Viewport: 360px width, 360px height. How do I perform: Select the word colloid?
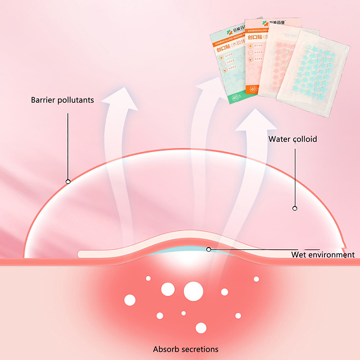(304, 139)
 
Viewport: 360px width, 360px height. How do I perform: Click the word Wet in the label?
(299, 255)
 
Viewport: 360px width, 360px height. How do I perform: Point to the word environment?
(332, 255)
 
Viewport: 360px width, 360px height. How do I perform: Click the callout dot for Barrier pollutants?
(68, 182)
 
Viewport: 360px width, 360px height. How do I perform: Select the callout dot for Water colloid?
(295, 208)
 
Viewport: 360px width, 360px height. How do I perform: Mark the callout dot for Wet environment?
(208, 249)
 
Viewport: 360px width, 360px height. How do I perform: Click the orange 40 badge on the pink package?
(253, 89)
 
